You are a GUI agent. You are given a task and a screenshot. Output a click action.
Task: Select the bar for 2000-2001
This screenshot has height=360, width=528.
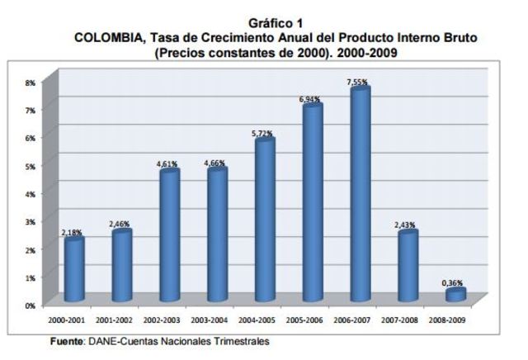[x=74, y=269]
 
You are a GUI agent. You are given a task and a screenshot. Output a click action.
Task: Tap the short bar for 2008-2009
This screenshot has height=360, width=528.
[x=455, y=295]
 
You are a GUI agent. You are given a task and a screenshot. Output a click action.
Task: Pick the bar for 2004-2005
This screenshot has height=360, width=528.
[x=265, y=220]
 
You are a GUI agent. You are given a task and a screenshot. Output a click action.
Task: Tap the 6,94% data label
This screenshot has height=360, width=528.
[x=311, y=99]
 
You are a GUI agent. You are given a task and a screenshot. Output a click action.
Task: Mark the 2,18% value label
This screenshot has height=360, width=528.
[x=73, y=233]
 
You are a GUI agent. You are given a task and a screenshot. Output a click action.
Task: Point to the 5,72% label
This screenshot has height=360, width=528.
[x=263, y=133]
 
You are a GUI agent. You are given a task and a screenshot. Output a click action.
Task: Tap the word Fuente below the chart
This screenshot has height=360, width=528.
[x=66, y=340]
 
